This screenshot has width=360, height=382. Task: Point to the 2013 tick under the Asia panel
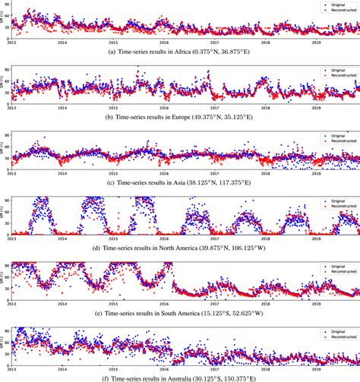(11, 172)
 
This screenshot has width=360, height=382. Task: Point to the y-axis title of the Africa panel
(4, 23)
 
